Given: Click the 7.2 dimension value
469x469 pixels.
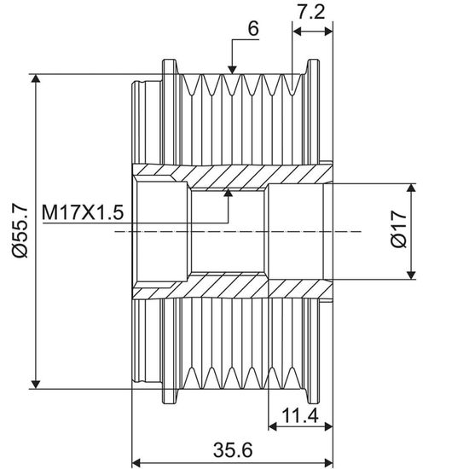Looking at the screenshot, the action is click(x=310, y=13).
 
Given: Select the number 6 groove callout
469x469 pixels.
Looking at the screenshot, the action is click(x=253, y=29).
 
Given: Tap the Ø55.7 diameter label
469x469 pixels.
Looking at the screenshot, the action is click(x=20, y=230).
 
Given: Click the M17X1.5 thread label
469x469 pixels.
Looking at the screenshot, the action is click(x=83, y=212).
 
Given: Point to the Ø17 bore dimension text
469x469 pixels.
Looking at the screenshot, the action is click(x=399, y=229).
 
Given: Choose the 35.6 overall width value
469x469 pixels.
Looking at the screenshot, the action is click(x=233, y=449).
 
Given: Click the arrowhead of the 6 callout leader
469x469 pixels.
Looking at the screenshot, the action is click(x=232, y=70).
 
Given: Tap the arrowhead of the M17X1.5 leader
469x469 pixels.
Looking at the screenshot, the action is click(x=229, y=193).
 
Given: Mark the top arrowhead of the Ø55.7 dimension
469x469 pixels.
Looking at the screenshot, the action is click(x=36, y=78).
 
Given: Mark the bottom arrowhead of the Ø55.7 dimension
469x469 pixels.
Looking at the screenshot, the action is click(x=36, y=385).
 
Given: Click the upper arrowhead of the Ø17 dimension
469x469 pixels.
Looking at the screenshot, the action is click(x=412, y=188).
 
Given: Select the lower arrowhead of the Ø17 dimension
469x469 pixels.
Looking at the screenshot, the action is click(x=412, y=275).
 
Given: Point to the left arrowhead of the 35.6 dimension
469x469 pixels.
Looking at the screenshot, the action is click(x=136, y=461).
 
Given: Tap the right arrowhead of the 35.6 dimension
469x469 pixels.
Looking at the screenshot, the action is click(x=328, y=461).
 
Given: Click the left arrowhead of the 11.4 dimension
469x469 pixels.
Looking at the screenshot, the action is click(x=273, y=426).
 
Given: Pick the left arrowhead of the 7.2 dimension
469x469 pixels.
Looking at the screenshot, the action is click(x=297, y=31).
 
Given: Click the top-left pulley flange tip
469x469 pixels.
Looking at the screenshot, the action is click(x=170, y=61).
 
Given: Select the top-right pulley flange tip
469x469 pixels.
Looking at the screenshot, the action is click(x=314, y=61).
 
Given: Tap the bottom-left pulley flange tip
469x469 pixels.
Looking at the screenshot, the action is click(x=170, y=402).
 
